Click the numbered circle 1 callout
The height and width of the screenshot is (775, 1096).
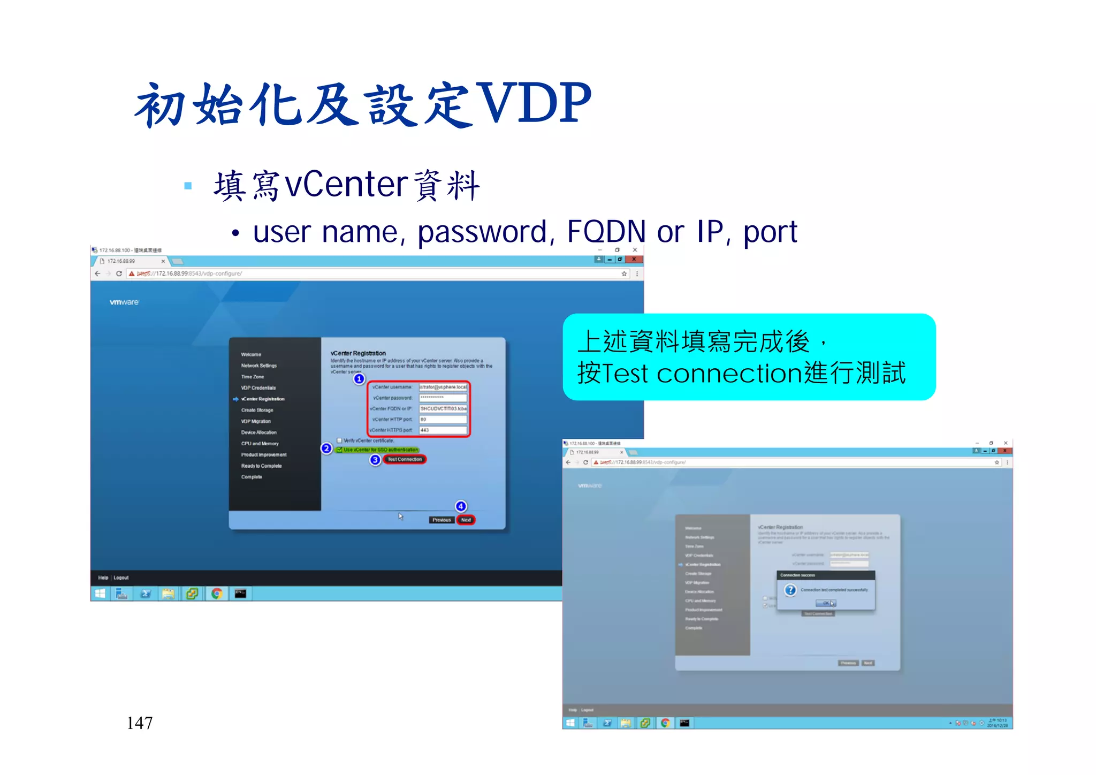[x=359, y=379]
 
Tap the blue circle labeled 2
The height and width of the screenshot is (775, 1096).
[x=326, y=449]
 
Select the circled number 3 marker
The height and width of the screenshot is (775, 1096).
[x=375, y=460]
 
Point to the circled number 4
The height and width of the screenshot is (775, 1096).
[x=461, y=506]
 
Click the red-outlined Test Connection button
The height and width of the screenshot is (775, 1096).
[x=405, y=459]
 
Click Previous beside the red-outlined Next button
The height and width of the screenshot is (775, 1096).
[x=442, y=520]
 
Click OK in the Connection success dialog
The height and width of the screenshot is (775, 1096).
[x=826, y=603]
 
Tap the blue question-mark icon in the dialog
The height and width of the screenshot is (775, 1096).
[x=790, y=590]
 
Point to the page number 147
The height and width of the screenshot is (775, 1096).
[x=140, y=723]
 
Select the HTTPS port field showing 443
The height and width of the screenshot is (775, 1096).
[x=443, y=430]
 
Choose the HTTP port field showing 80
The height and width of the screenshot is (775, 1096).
[x=443, y=419]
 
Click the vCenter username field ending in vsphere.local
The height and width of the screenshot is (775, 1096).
[x=443, y=387]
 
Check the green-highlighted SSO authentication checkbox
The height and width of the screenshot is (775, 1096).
[x=339, y=450]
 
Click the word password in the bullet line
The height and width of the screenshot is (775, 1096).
[x=482, y=232]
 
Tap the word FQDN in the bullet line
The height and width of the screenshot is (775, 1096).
[x=606, y=232]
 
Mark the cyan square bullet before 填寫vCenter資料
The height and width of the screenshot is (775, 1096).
[x=188, y=186]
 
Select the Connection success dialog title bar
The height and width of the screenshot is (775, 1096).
[x=825, y=575]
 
